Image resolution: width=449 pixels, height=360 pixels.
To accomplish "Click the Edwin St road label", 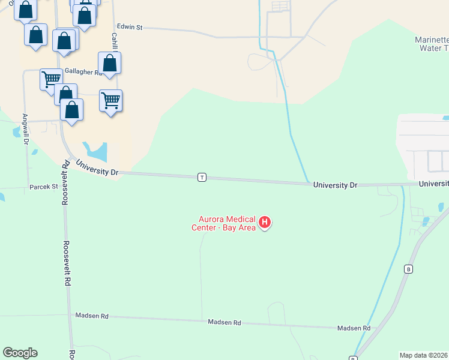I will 130,28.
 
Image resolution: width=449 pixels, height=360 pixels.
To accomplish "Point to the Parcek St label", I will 43,187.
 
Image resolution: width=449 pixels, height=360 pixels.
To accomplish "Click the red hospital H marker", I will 264,223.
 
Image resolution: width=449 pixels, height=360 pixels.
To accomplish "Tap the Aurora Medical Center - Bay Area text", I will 224,223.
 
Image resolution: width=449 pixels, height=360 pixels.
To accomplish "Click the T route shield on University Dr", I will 202,177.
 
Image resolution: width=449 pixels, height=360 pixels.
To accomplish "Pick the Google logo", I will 20,353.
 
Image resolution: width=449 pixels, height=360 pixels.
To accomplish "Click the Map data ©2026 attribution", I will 424,355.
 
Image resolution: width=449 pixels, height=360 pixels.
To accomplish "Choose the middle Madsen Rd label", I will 224,323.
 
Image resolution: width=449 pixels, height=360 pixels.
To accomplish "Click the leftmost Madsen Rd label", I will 91,316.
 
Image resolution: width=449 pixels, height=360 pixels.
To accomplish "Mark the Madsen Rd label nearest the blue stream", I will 354,328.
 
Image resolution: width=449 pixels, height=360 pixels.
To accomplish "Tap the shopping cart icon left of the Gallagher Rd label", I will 51,79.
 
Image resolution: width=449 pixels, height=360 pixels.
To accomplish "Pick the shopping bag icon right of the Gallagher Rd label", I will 110,63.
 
